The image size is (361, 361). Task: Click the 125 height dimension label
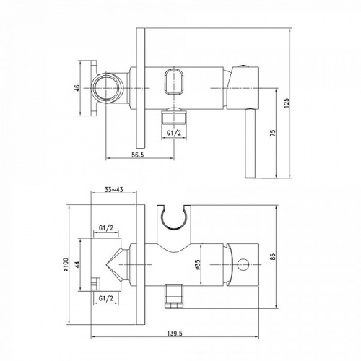point(287,103)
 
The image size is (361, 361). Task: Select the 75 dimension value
point(273,133)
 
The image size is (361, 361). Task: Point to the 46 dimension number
point(77,88)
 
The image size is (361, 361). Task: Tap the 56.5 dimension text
point(137,155)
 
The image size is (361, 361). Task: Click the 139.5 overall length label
point(175,334)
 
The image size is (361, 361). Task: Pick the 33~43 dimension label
point(113,190)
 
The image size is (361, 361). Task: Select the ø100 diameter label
point(66,264)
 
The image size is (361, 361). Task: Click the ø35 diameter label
point(198,265)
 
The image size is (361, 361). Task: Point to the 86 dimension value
point(273,256)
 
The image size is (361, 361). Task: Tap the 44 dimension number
point(77,264)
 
